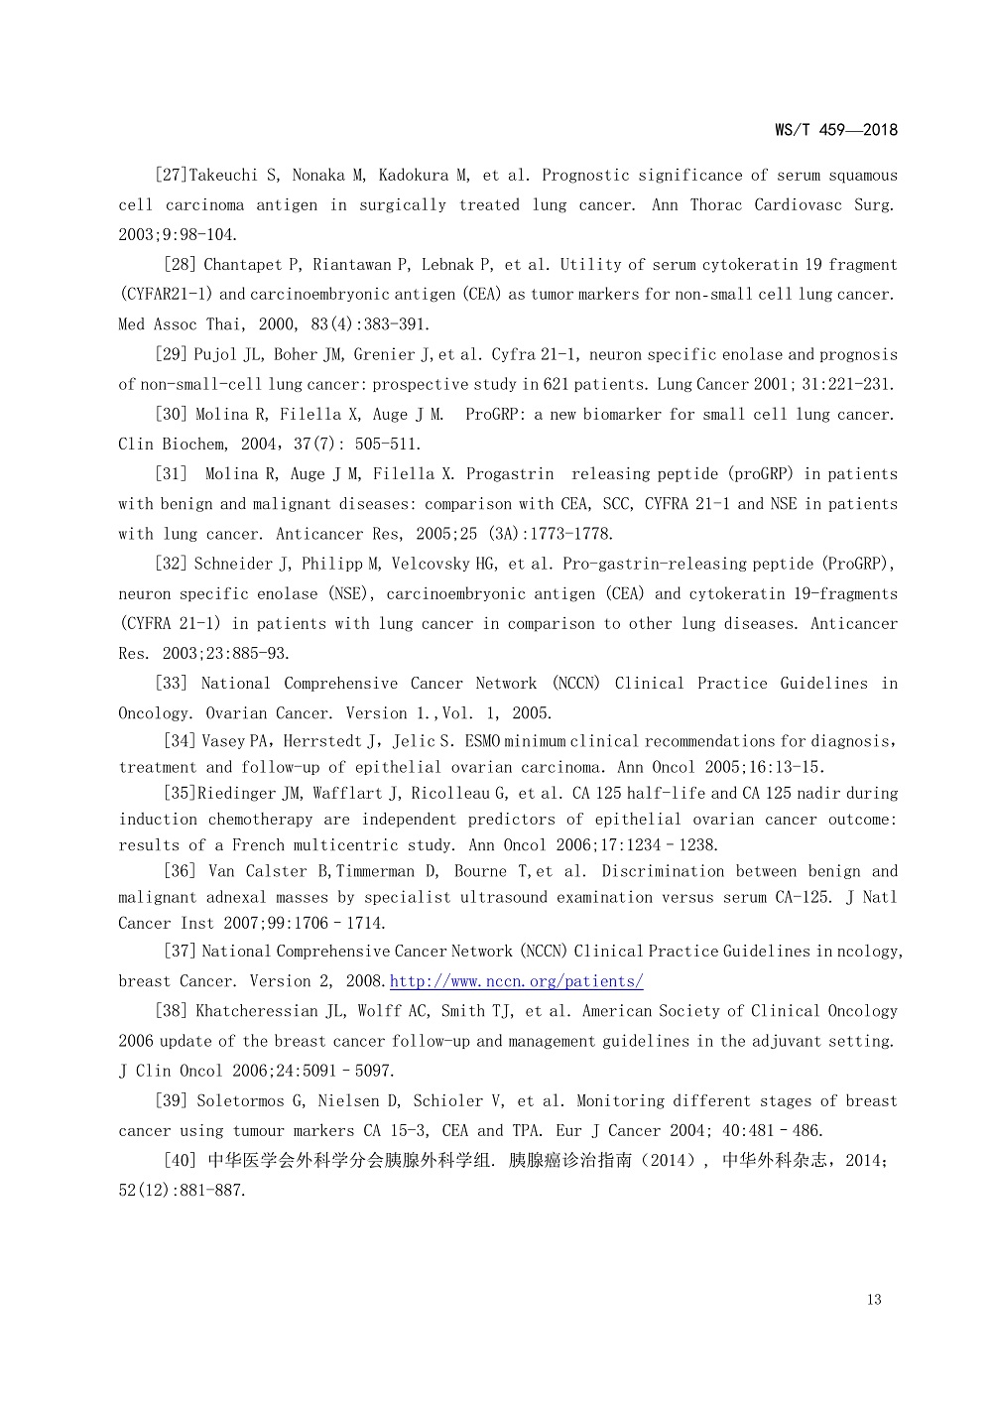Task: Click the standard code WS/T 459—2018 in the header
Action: (x=835, y=130)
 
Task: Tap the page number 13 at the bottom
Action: (x=873, y=1300)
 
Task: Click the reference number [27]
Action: (x=171, y=176)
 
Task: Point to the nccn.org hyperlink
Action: (x=516, y=981)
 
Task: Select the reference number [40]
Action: (x=180, y=1161)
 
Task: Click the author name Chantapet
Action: (x=244, y=265)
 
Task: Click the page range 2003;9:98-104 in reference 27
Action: (x=179, y=235)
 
